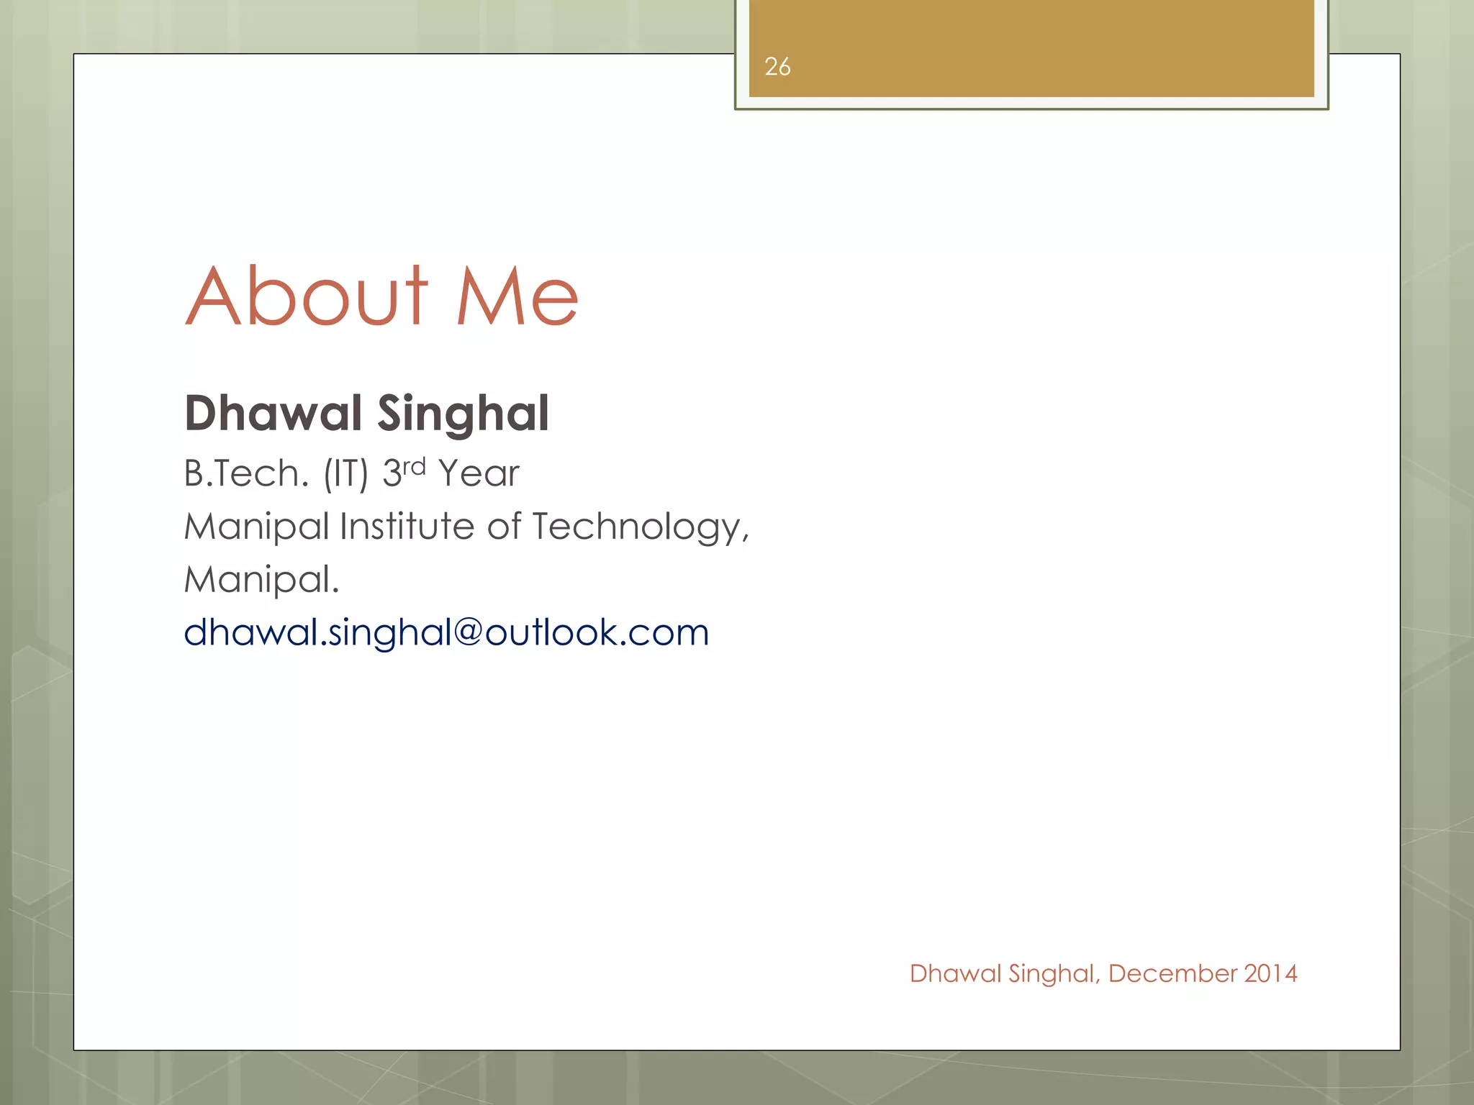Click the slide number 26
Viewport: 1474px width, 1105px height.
pyautogui.click(x=777, y=67)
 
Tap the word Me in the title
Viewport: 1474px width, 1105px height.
pyautogui.click(x=517, y=296)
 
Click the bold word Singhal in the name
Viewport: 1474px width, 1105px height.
pyautogui.click(x=464, y=414)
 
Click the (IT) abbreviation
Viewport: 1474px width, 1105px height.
pyautogui.click(x=345, y=474)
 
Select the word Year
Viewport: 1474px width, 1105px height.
pyautogui.click(x=479, y=473)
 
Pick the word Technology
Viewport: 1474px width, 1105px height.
pyautogui.click(x=641, y=528)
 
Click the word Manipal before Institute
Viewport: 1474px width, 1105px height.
pyautogui.click(x=256, y=527)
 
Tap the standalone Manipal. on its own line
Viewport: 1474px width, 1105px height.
pyautogui.click(x=261, y=580)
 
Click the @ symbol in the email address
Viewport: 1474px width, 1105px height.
pyautogui.click(x=468, y=632)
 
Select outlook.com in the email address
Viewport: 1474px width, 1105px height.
pyautogui.click(x=597, y=632)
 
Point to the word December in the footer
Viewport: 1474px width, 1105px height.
pyautogui.click(x=1172, y=973)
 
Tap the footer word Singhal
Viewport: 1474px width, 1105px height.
pyautogui.click(x=1054, y=974)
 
